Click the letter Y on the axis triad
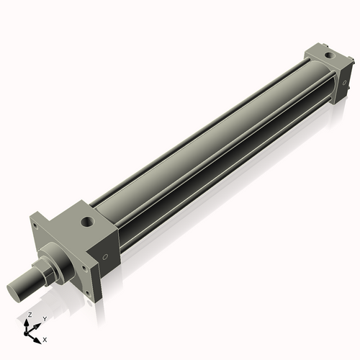[x=44, y=318]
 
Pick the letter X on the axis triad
[x=45, y=338]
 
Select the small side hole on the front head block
[x=106, y=256]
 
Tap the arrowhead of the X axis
[x=39, y=337]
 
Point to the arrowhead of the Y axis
[x=38, y=324]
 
